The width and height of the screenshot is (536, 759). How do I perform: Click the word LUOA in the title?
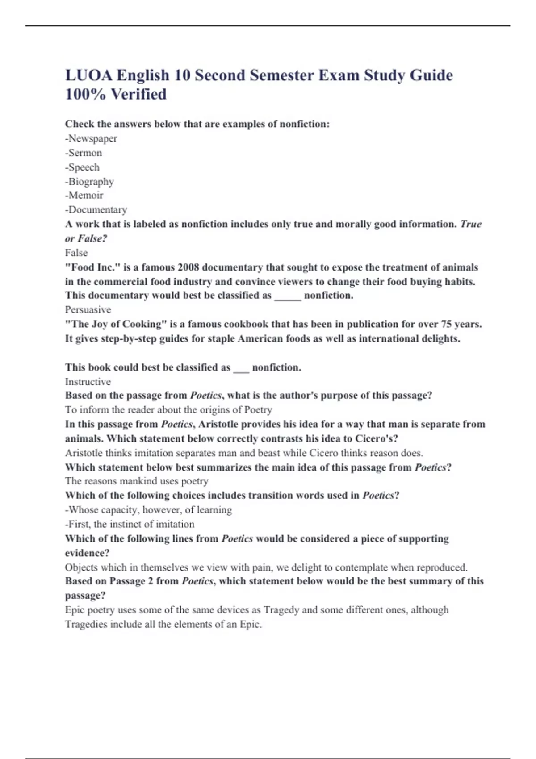pos(88,75)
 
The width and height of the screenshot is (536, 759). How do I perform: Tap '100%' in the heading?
pos(85,94)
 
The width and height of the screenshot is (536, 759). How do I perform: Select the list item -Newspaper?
pos(91,138)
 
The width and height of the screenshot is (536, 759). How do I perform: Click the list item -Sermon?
pos(84,153)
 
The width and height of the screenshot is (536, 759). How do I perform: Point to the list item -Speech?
pos(83,167)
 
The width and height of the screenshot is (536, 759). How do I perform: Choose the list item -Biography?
pos(89,181)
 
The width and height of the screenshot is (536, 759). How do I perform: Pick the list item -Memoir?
pos(84,195)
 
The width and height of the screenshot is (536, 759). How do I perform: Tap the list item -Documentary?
pos(96,209)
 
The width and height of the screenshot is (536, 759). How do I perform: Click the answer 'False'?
pos(76,253)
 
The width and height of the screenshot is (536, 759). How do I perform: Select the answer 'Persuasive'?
pos(88,309)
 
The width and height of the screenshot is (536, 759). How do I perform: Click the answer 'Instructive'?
pos(88,382)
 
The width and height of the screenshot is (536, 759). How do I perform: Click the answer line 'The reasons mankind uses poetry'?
pos(137,481)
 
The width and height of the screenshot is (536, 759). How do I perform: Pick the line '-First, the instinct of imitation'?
pos(130,524)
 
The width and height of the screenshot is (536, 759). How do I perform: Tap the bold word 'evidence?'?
pos(87,553)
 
